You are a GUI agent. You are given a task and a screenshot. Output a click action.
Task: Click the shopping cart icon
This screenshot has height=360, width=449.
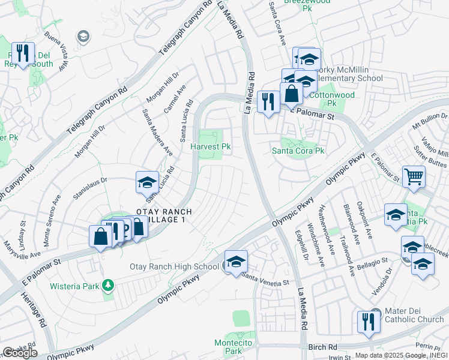click(x=414, y=176)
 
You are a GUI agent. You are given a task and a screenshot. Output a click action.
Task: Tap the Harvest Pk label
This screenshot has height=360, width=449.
click(x=211, y=146)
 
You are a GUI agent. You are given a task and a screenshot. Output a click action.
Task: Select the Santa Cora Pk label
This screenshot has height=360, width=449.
click(x=298, y=151)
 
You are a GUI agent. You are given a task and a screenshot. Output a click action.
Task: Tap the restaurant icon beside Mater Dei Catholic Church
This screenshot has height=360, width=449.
click(x=366, y=322)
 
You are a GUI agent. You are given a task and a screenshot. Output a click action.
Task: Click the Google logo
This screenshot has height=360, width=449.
click(x=19, y=353)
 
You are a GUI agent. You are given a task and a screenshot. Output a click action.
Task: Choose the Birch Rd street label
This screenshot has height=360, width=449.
click(x=324, y=347)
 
